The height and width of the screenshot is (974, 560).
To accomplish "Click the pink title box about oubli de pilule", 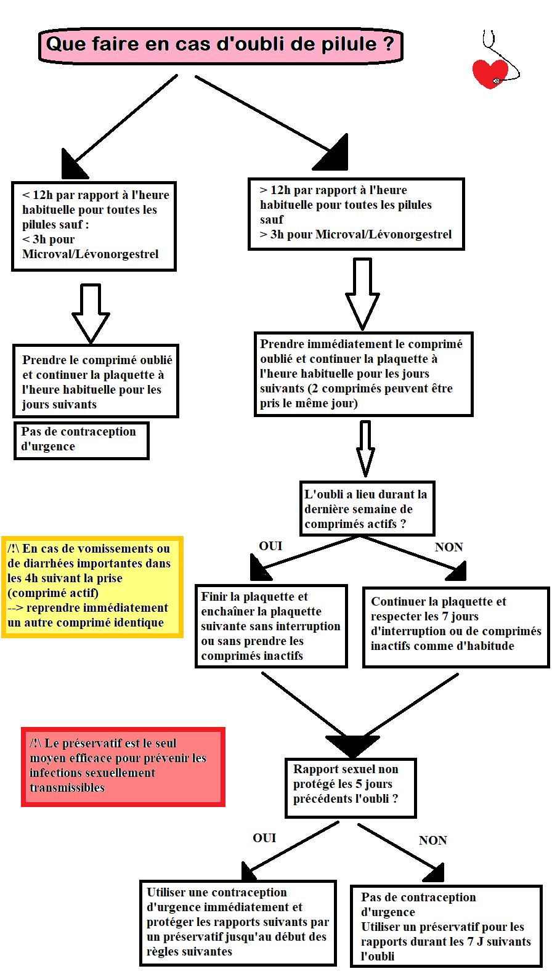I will tap(221, 45).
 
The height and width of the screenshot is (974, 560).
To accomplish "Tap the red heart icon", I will tap(489, 73).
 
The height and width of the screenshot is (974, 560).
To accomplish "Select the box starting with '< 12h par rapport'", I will tap(94, 225).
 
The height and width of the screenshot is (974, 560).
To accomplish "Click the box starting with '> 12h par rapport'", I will tap(356, 214).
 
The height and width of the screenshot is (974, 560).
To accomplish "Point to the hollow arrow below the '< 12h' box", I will tap(91, 313).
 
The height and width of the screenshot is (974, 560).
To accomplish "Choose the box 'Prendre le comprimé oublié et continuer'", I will tap(96, 381).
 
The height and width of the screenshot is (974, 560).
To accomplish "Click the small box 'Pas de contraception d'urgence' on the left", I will tap(81, 440).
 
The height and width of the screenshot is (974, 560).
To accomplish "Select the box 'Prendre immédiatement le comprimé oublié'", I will tap(363, 374).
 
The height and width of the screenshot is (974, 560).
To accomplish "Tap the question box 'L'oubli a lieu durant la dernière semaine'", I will tap(367, 509).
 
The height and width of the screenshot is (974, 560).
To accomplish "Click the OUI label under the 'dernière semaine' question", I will tap(270, 546).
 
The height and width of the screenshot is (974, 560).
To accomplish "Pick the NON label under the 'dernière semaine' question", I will tap(448, 547).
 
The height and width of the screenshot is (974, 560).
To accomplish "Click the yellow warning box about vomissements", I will tap(92, 586).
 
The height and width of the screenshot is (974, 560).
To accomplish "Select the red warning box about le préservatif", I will tap(123, 766).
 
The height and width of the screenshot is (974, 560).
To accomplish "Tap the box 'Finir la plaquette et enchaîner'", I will tap(271, 626).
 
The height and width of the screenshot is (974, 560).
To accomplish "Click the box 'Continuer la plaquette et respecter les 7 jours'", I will tap(456, 627).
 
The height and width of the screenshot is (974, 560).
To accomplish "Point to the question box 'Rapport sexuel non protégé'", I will tap(351, 787).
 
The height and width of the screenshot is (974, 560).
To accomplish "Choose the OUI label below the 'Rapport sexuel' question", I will tap(264, 838).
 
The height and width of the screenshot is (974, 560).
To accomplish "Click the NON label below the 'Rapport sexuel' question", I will tap(432, 840).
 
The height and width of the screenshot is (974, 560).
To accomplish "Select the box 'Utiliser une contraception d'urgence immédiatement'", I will tap(238, 922).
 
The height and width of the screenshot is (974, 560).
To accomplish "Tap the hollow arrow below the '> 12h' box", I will tap(362, 293).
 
